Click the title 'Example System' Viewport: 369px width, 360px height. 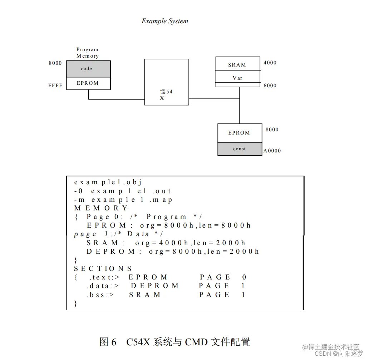(164, 21)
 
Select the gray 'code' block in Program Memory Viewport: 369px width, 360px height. (88, 69)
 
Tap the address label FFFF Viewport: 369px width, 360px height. (55, 86)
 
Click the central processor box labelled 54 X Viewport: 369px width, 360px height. (167, 82)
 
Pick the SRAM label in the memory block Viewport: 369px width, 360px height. (237, 65)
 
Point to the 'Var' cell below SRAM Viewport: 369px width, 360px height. (238, 78)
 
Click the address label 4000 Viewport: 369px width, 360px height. (270, 63)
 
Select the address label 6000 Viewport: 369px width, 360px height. (270, 86)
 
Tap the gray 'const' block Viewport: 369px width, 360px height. (240, 149)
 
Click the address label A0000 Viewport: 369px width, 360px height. (272, 151)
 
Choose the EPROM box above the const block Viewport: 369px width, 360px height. (239, 133)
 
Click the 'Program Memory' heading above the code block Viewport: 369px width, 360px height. (87, 53)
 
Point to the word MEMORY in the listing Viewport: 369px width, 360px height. (101, 208)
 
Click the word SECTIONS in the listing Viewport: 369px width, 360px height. (103, 268)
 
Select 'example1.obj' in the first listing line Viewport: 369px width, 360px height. (108, 182)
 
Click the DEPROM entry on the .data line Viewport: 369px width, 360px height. (154, 286)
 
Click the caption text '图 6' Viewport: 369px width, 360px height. (108, 342)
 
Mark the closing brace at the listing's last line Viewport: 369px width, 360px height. (75, 303)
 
